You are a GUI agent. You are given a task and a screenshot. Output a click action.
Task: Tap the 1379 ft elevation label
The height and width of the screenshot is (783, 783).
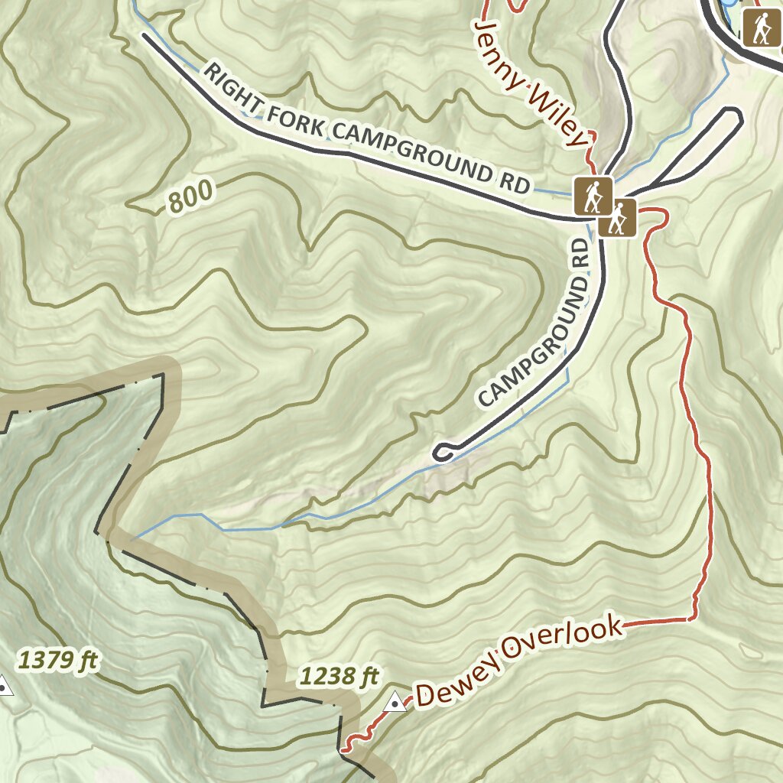tap(59, 659)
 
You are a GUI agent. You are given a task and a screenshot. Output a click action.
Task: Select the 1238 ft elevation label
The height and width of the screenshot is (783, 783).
tap(340, 676)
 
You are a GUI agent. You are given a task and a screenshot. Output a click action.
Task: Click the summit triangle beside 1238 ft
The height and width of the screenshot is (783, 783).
tap(395, 700)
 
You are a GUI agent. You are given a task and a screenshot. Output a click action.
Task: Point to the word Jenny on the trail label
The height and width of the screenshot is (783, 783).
tap(499, 51)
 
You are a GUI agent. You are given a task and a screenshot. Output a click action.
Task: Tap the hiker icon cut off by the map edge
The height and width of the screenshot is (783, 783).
tap(762, 28)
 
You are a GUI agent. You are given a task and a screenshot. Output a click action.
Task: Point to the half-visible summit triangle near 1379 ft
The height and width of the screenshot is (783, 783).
tap(5, 686)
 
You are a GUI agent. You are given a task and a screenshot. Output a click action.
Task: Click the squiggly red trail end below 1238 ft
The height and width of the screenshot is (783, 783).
tap(353, 740)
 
